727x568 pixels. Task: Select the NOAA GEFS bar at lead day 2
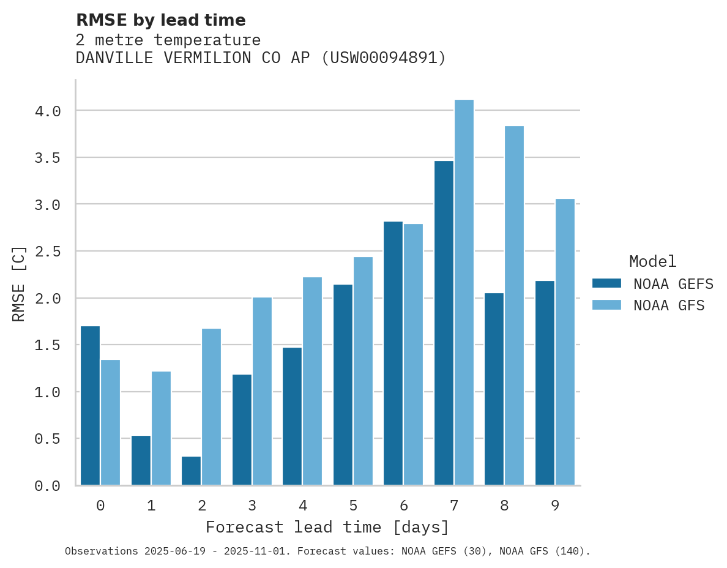(x=192, y=471)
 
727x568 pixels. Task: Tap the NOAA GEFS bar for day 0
(x=91, y=405)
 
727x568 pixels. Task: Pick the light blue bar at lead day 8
(x=514, y=305)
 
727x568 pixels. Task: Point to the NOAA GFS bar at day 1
(x=161, y=428)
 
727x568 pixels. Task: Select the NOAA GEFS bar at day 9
(x=545, y=383)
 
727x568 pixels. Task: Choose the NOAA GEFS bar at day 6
(x=393, y=353)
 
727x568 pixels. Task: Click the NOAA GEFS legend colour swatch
(x=606, y=283)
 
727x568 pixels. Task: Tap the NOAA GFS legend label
(x=669, y=305)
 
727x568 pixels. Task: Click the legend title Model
(x=652, y=261)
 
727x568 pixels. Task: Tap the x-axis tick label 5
(x=353, y=506)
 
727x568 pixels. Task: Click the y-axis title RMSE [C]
(x=19, y=283)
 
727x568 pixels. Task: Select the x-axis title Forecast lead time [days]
(x=327, y=527)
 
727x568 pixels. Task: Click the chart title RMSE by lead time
(x=160, y=20)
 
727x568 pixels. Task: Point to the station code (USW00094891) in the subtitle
(x=384, y=58)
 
